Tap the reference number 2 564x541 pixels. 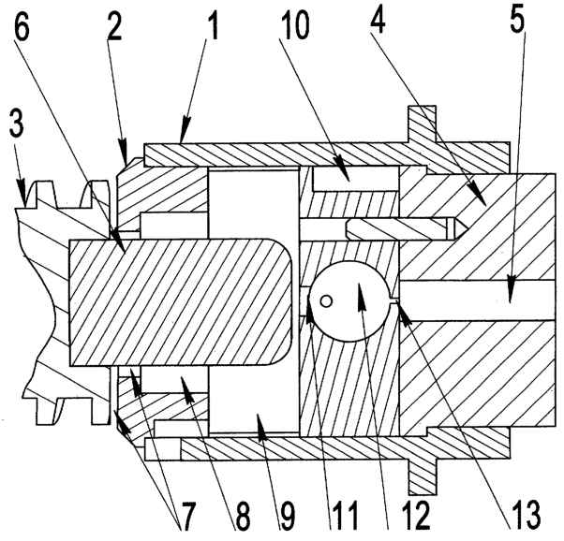click(x=114, y=25)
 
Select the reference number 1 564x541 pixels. click(x=213, y=25)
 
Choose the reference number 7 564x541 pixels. click(x=187, y=517)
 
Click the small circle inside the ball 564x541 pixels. click(x=326, y=301)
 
